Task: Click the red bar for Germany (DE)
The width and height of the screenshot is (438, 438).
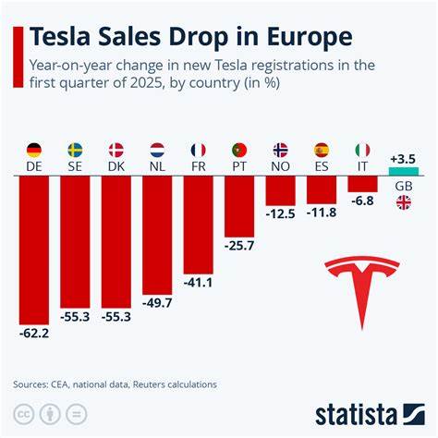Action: click(x=34, y=248)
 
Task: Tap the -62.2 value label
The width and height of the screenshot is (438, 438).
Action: click(x=34, y=331)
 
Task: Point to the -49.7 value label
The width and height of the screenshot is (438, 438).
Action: click(x=157, y=301)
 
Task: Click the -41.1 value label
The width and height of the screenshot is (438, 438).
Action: click(x=198, y=281)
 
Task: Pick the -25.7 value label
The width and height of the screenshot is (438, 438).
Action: click(x=239, y=247)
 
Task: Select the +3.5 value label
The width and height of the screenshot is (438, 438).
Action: click(x=404, y=158)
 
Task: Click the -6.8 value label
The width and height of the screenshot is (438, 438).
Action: click(x=363, y=201)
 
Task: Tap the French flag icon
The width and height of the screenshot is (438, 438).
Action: click(x=198, y=149)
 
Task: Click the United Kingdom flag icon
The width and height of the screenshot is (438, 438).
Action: click(x=404, y=202)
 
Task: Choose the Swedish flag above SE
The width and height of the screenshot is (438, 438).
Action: click(x=75, y=149)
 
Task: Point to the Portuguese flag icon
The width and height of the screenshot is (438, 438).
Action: click(x=239, y=149)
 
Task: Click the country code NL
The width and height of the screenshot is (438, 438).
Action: click(x=157, y=166)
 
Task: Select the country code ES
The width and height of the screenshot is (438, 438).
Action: click(x=322, y=166)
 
